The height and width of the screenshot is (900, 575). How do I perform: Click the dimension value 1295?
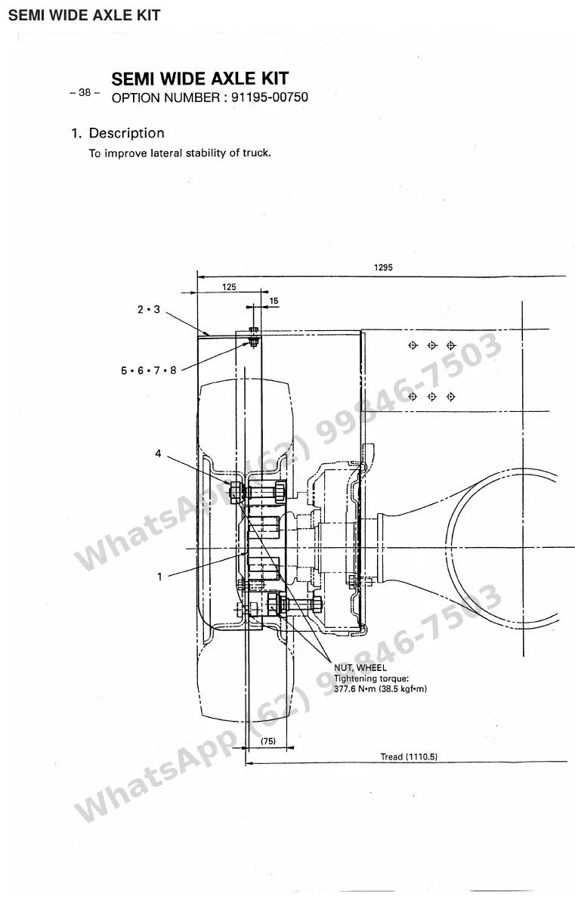383,268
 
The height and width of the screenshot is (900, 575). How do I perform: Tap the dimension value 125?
229,287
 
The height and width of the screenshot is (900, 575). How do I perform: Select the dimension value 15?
274,301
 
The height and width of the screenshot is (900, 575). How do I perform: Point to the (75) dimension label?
268,741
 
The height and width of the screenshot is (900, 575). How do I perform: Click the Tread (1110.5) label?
409,757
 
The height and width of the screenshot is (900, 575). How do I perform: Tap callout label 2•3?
149,309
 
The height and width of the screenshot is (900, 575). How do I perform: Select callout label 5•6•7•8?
149,371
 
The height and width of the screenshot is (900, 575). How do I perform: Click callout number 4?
159,454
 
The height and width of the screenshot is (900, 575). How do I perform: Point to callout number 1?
159,577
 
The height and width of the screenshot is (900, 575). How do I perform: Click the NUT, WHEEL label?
360,668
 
